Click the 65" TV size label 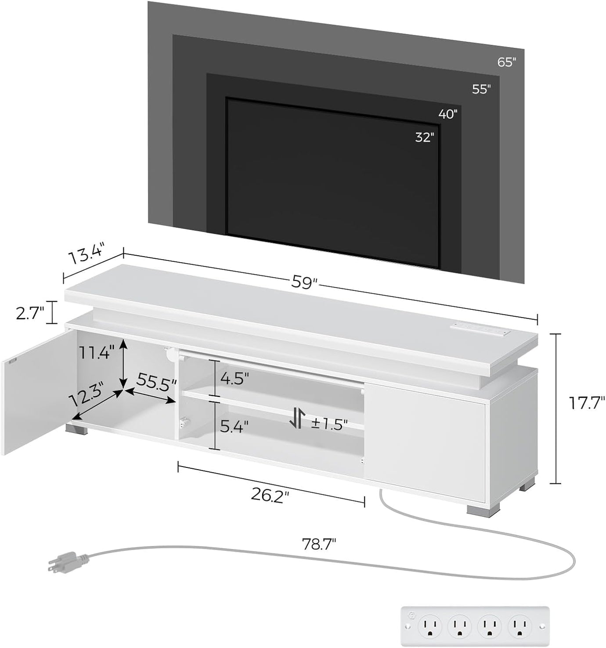pyautogui.click(x=506, y=62)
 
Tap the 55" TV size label pyautogui.click(x=481, y=89)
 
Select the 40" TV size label pyautogui.click(x=448, y=114)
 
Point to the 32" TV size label pyautogui.click(x=425, y=138)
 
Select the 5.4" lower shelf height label pyautogui.click(x=234, y=426)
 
